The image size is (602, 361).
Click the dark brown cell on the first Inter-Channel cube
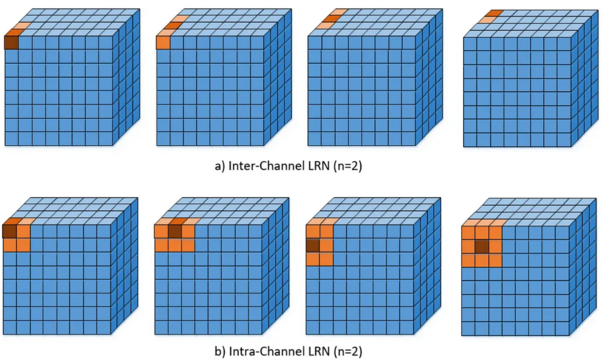point(12,43)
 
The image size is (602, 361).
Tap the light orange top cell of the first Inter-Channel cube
point(22,26)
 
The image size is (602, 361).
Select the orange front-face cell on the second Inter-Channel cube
point(163,42)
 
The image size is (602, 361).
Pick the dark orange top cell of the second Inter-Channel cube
point(173,26)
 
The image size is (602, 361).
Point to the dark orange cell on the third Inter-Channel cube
point(332,18)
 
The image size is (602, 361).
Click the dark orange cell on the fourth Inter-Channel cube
point(494,13)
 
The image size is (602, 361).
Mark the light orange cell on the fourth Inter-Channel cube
point(487,20)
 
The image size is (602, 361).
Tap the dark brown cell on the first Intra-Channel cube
point(10,232)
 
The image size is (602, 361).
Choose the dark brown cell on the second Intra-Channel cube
point(175,232)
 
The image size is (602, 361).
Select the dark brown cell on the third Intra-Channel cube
point(313,246)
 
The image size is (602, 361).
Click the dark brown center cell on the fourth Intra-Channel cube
point(482,246)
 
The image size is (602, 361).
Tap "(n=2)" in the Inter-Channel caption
point(348,166)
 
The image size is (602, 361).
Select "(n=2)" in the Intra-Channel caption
point(348,351)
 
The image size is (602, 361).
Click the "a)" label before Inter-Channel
point(219,166)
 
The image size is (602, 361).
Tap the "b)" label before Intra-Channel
point(219,351)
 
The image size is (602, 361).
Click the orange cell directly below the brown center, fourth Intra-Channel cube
point(482,260)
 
